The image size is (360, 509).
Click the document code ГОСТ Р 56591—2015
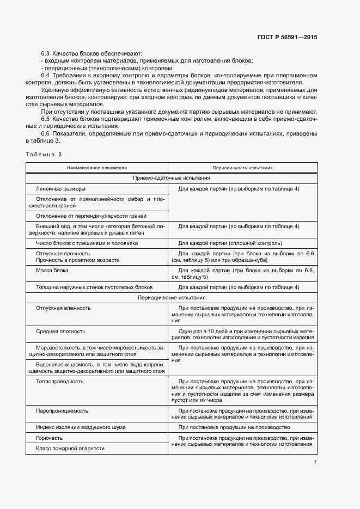[286, 38]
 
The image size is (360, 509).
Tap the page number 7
[315, 463]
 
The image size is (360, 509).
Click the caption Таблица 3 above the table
[44, 155]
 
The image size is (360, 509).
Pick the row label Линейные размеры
[60, 188]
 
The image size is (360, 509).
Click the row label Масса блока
[52, 271]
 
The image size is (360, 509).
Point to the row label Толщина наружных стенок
[94, 287]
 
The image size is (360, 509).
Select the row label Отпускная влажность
[63, 308]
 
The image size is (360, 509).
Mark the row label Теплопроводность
[59, 382]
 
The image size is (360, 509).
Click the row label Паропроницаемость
[62, 410]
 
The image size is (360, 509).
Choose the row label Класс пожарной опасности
[70, 448]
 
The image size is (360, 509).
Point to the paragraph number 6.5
[46, 119]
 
